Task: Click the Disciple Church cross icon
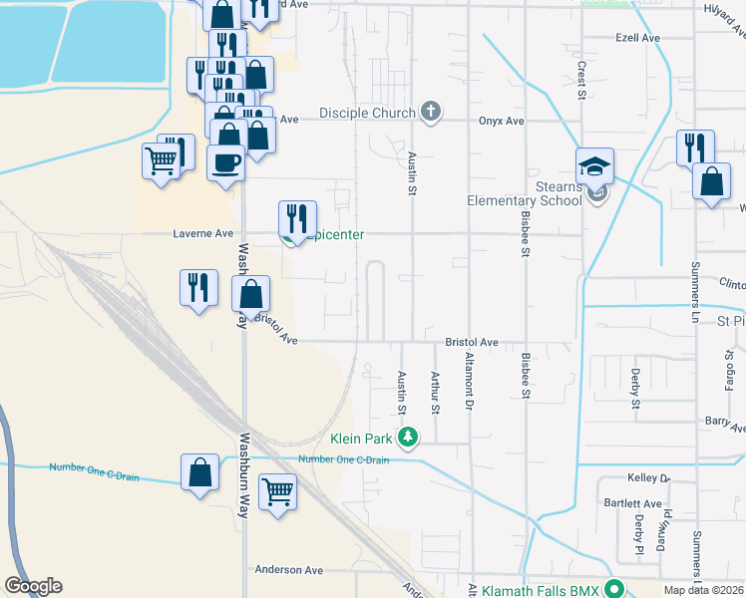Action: pos(431,112)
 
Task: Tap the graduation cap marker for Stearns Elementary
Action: pos(594,164)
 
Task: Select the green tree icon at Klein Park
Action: pos(408,438)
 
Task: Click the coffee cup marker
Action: pos(225,162)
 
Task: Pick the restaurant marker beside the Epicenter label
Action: pos(297,219)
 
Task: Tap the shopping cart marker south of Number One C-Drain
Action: pos(277,491)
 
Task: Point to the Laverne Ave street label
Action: pos(203,234)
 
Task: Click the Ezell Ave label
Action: pos(638,38)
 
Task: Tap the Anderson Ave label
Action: pos(289,570)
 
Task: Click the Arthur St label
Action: pos(435,392)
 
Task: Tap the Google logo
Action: pos(33,586)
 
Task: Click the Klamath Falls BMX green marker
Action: pos(617,591)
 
